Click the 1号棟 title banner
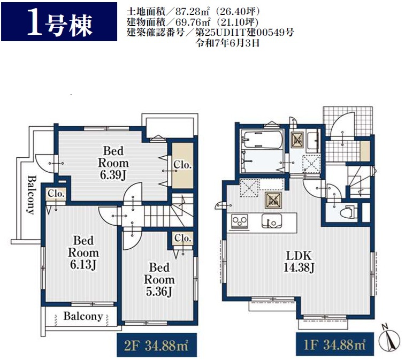click(x=59, y=22)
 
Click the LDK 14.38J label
click(x=299, y=262)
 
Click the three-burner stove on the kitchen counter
click(x=240, y=221)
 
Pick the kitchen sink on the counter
click(x=271, y=221)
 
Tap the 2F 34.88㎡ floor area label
click(x=157, y=346)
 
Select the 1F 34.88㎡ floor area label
click(x=334, y=344)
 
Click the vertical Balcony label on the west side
click(x=31, y=195)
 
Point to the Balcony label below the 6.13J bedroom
click(x=83, y=316)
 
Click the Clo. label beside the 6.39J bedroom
click(x=182, y=165)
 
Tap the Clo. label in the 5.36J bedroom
click(x=183, y=238)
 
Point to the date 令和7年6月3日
click(x=228, y=43)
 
